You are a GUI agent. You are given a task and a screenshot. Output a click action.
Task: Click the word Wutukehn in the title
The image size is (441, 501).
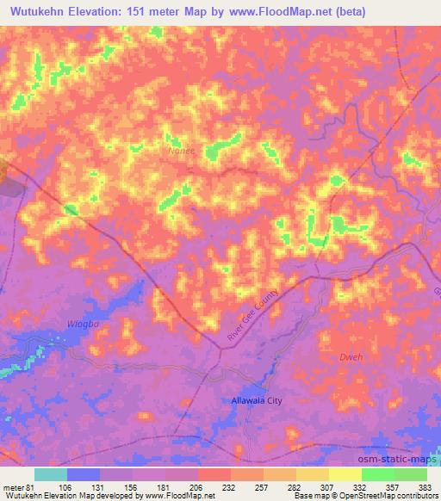[x=42, y=11]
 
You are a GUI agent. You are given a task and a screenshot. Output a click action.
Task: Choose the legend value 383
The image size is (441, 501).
[x=425, y=486]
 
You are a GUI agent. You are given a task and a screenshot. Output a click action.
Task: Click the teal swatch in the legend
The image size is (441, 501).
[x=50, y=474]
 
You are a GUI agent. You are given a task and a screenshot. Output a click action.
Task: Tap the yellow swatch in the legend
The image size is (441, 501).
[x=345, y=474]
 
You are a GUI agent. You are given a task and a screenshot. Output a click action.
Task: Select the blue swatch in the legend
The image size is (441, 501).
[x=83, y=474]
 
